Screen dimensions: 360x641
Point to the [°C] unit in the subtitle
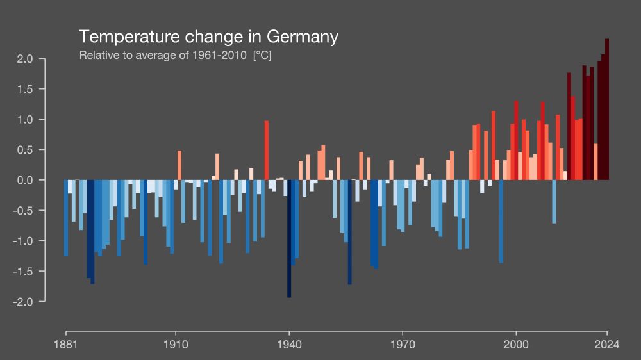(262, 55)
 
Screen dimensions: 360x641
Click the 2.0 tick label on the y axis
(25, 59)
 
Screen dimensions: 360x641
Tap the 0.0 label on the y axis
(25, 180)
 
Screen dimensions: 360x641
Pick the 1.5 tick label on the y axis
(25, 89)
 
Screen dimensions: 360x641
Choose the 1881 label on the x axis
(66, 345)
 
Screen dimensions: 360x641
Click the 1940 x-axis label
(289, 345)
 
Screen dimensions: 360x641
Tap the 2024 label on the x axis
(606, 345)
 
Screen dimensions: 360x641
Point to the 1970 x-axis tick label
(403, 345)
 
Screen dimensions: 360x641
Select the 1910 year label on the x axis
(176, 345)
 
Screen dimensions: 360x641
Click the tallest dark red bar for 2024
(607, 109)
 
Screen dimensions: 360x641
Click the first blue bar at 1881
(66, 218)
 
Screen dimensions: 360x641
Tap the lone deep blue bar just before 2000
(501, 221)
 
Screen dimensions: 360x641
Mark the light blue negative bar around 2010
(554, 201)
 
